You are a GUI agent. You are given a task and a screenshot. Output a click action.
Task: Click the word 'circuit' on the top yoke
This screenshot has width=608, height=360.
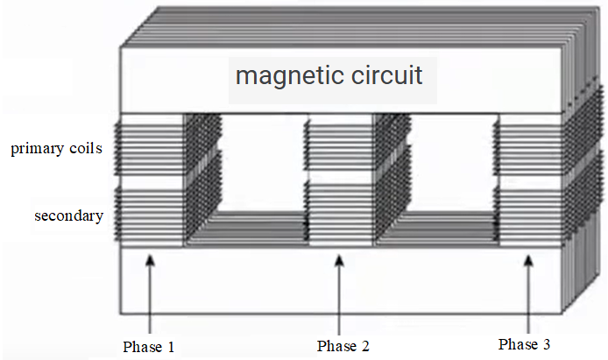pos(385,75)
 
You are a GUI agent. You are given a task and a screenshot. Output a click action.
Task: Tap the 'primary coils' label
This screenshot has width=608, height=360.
pos(58,149)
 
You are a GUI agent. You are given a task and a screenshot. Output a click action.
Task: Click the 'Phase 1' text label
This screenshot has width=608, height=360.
pos(149,347)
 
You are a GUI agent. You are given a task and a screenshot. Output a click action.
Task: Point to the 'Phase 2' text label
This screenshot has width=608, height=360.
pos(343,347)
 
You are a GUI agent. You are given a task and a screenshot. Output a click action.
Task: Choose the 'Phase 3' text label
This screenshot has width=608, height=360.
pos(524,343)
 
